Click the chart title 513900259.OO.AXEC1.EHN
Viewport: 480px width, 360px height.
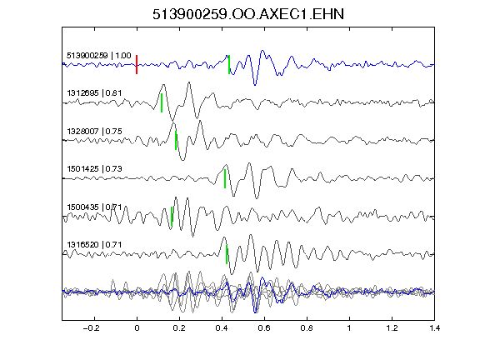click(x=248, y=14)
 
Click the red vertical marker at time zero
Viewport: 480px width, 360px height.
click(x=137, y=65)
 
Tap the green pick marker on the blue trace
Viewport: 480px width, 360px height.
click(x=229, y=65)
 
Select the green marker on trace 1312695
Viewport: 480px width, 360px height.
click(x=162, y=102)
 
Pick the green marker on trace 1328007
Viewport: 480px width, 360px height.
click(x=176, y=141)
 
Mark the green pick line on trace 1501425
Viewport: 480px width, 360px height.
click(x=225, y=178)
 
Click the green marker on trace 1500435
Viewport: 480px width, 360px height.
click(x=172, y=216)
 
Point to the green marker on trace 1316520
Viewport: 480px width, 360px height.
click(x=227, y=254)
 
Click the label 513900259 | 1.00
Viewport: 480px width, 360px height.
click(x=99, y=56)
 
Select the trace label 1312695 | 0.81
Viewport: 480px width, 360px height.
click(x=94, y=93)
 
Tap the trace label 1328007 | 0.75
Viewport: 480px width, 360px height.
click(x=94, y=132)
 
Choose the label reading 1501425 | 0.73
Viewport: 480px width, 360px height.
click(x=94, y=169)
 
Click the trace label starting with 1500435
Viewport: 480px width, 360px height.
click(x=94, y=207)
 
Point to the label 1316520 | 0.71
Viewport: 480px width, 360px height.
click(x=94, y=245)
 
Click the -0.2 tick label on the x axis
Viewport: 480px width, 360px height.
click(x=91, y=328)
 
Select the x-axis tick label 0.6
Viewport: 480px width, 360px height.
click(x=264, y=328)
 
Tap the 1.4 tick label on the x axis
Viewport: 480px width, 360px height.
click(x=435, y=328)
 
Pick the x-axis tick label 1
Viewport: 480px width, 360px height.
click(x=349, y=328)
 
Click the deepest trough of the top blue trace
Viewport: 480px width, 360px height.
click(x=255, y=85)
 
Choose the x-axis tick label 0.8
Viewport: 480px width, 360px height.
click(x=307, y=328)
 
